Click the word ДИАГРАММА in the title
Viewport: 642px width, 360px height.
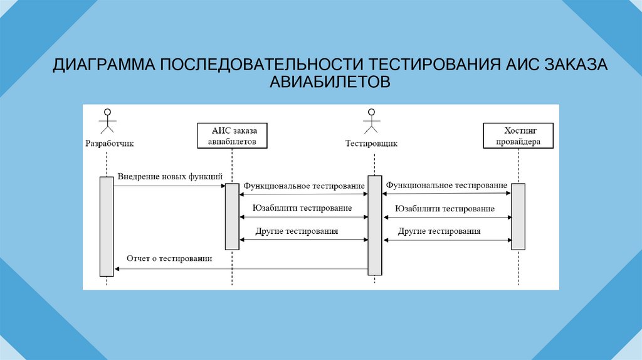[103, 65]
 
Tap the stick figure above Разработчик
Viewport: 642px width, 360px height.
[107, 122]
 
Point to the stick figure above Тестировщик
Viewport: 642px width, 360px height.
[372, 122]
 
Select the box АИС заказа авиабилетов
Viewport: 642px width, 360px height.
[231, 136]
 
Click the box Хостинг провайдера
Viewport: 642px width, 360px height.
[518, 136]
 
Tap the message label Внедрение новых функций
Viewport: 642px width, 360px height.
[170, 177]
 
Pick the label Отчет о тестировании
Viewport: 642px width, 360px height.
[169, 258]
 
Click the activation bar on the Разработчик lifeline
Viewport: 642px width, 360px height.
[106, 226]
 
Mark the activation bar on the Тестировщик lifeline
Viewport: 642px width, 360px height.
[374, 225]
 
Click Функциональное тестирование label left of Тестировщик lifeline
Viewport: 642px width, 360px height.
[304, 186]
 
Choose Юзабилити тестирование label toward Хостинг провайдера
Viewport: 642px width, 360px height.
[446, 208]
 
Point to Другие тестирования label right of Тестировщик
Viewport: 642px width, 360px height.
[439, 231]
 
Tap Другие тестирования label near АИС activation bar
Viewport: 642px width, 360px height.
[297, 231]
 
